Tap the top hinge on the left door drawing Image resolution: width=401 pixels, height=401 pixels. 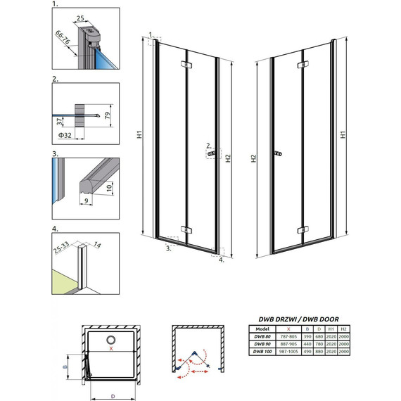[185, 65]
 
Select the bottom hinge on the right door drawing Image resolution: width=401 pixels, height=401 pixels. [303, 229]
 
